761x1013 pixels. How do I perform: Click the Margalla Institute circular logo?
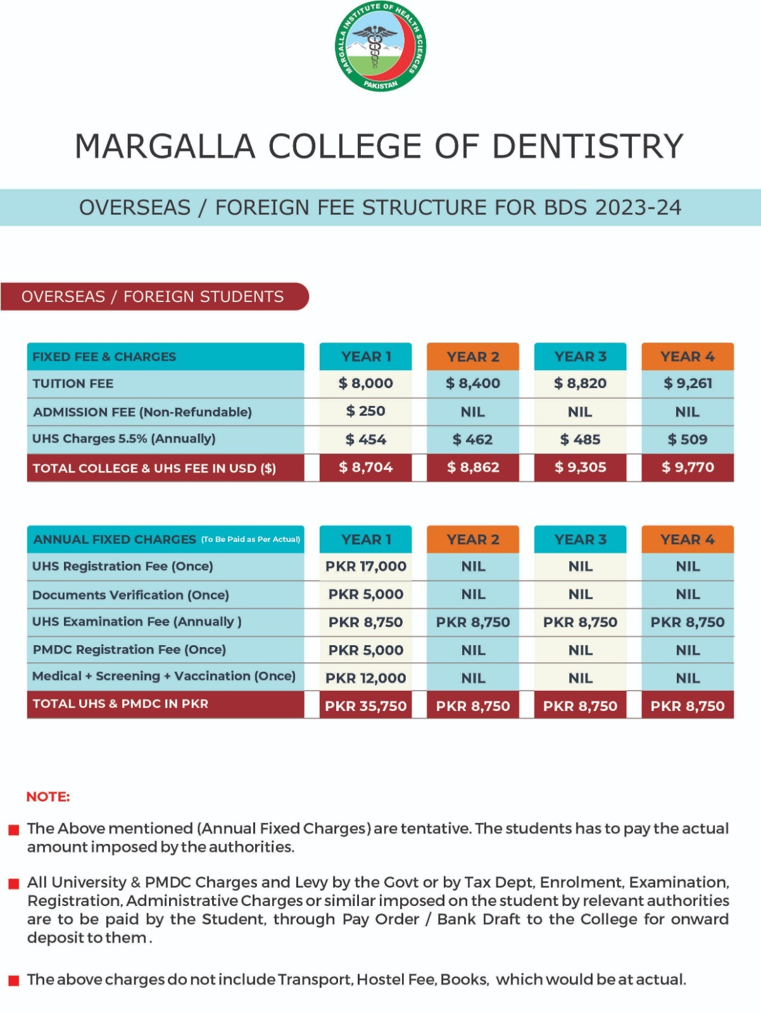pos(380,46)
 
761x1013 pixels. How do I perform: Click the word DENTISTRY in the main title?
pos(588,146)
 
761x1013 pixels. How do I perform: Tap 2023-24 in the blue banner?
pos(638,207)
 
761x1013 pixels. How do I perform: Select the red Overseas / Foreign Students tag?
pos(154,296)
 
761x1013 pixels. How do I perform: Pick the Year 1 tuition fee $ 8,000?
pos(365,383)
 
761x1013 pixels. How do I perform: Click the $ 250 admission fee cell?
pos(365,411)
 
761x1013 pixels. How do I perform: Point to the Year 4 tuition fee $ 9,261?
pos(688,383)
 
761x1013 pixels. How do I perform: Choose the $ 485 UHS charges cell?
pos(580,439)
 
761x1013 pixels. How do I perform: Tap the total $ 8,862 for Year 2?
pos(473,467)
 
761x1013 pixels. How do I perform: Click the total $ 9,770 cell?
pos(688,467)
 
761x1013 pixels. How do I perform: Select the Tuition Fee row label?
pos(73,384)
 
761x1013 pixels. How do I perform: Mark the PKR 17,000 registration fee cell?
pos(365,566)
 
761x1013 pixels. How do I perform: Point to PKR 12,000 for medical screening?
pos(365,678)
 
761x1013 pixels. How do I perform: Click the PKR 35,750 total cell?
pos(365,706)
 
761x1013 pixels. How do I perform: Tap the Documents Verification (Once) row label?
pos(130,595)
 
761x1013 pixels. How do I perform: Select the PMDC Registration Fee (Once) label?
pos(129,650)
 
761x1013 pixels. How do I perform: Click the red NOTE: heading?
pos(48,796)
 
